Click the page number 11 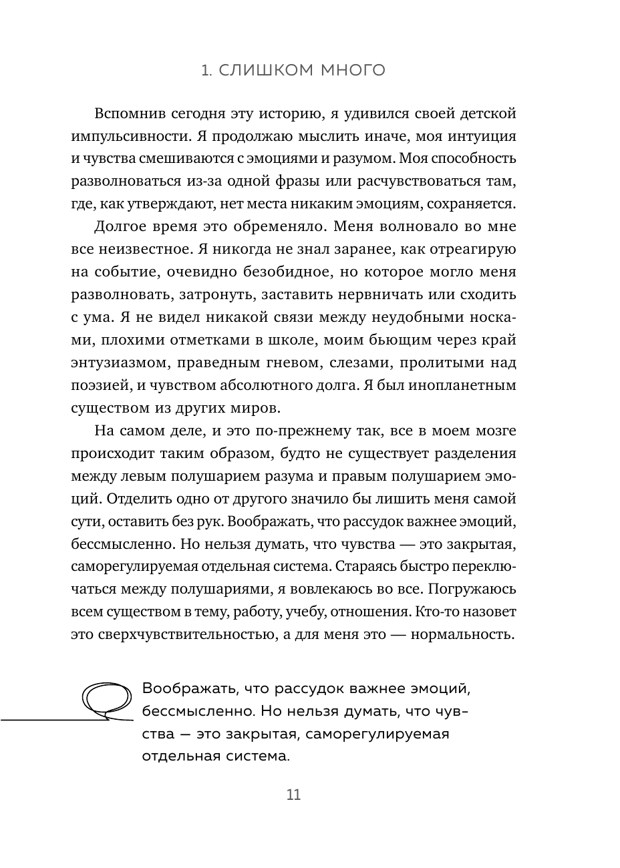[293, 795]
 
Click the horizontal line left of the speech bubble [47, 720]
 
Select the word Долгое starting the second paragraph [123, 226]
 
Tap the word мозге [494, 431]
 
